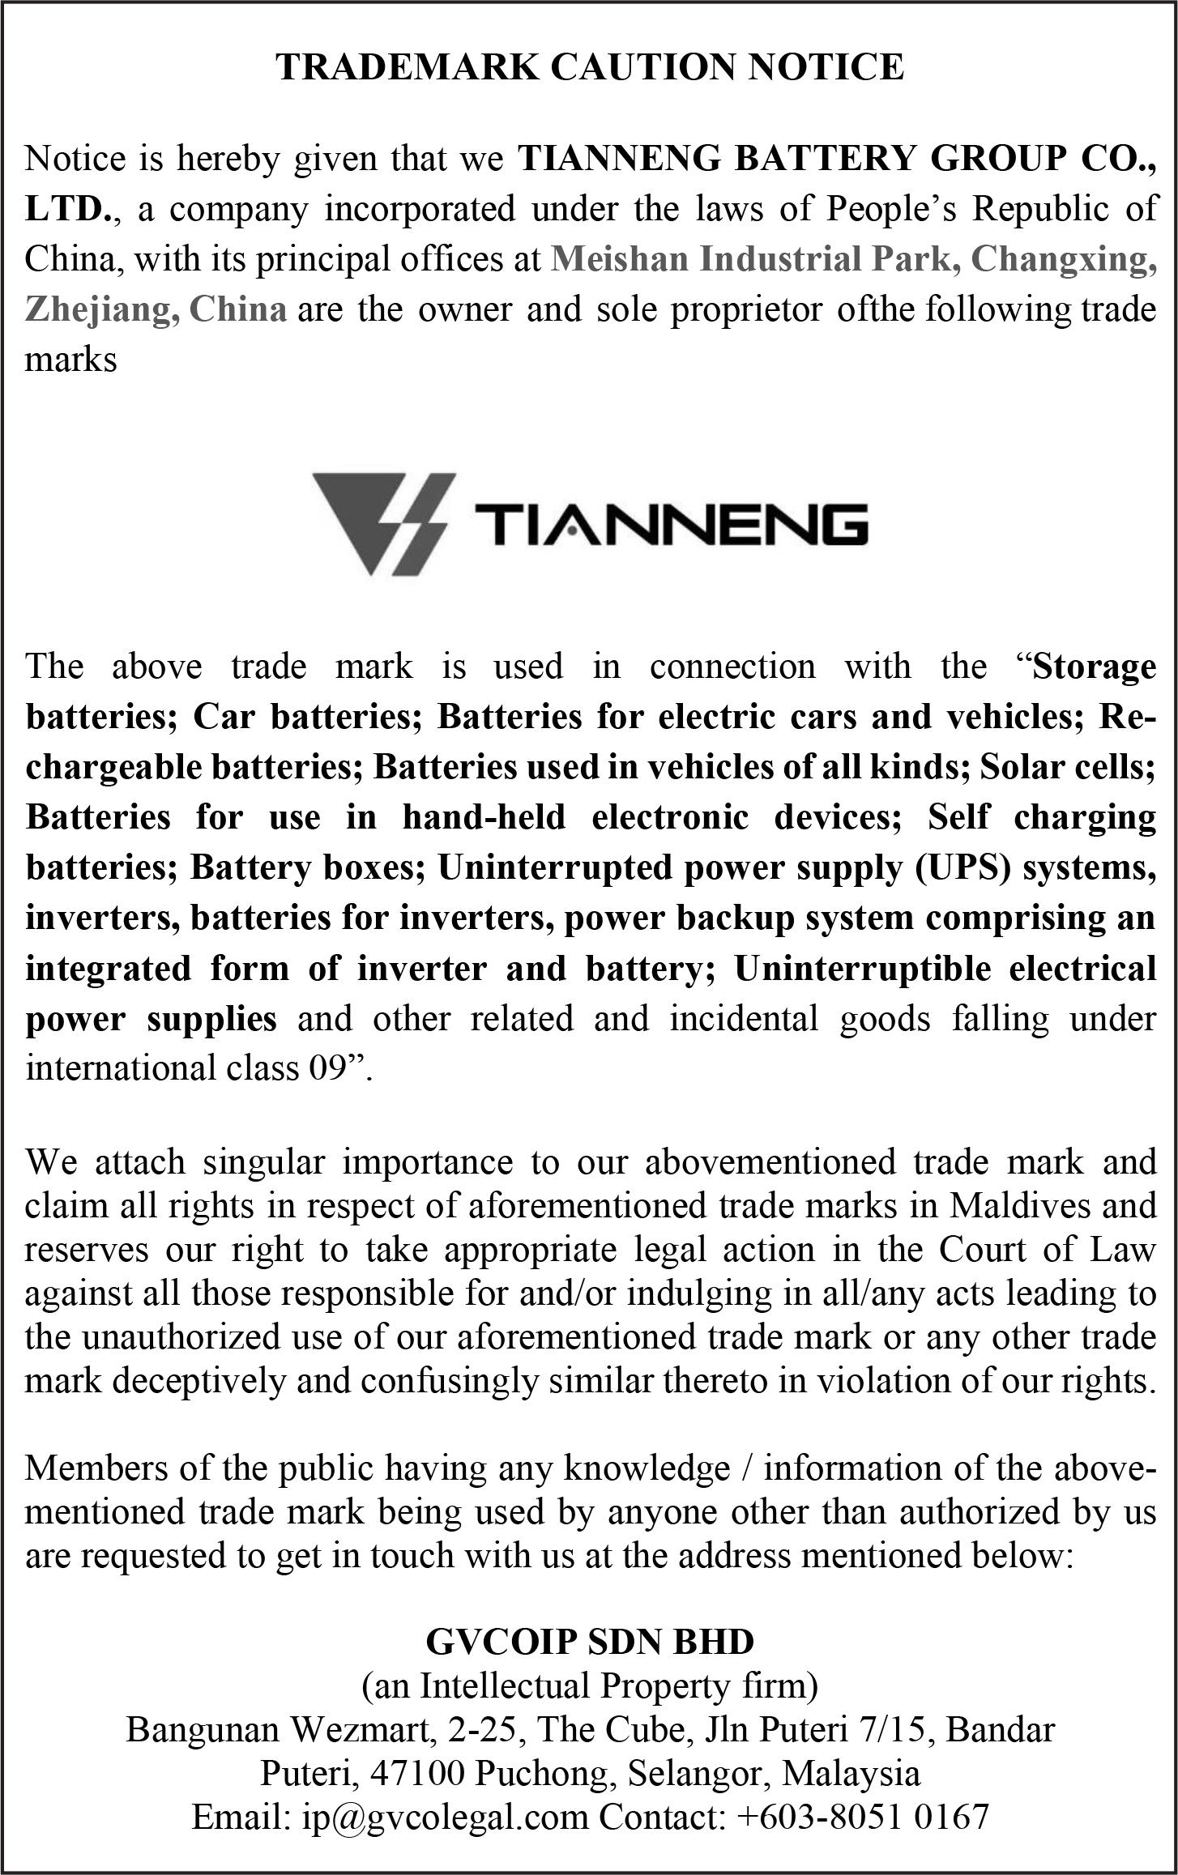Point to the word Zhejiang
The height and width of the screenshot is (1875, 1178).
(101, 309)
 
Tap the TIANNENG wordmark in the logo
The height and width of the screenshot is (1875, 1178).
(671, 524)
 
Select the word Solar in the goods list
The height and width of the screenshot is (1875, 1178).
(1020, 766)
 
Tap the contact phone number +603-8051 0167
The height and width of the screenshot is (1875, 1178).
(863, 1817)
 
